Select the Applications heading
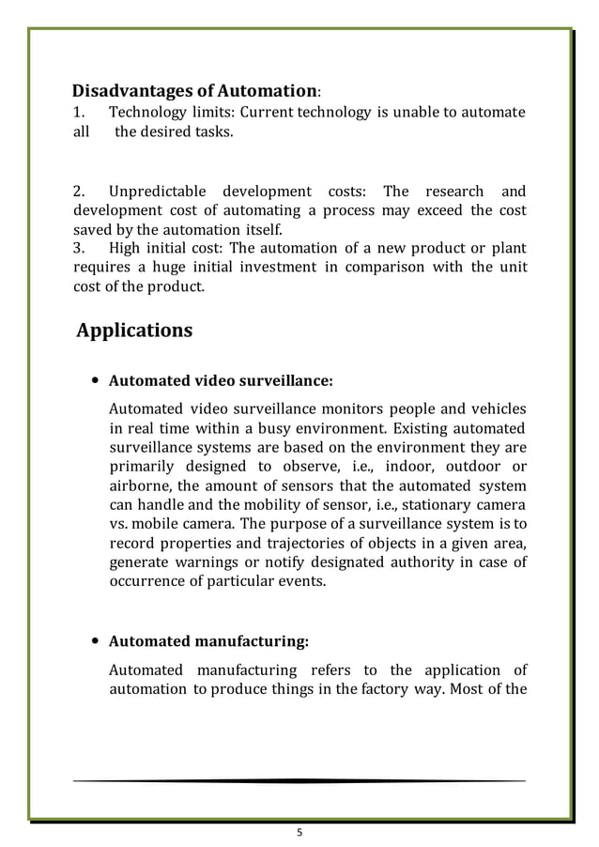(134, 331)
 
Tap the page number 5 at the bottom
(299, 831)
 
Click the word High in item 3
(125, 248)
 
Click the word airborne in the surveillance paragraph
(140, 485)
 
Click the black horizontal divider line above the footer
(299, 780)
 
